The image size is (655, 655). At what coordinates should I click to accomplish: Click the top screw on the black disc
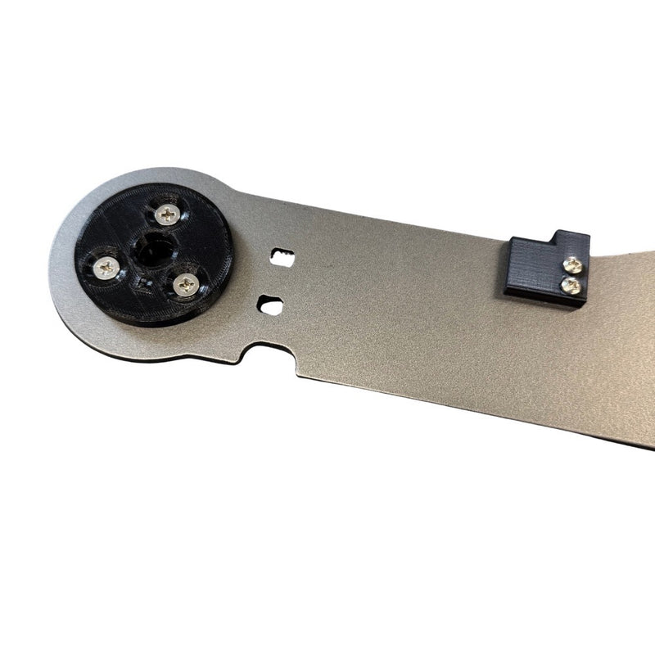click(169, 215)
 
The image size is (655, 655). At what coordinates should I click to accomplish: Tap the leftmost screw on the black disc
click(107, 266)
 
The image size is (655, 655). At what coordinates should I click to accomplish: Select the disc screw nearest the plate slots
click(187, 284)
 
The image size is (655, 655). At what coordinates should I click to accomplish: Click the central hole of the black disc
click(152, 248)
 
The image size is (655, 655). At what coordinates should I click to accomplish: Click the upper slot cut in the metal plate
click(283, 255)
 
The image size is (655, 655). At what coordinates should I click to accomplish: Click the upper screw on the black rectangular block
click(574, 264)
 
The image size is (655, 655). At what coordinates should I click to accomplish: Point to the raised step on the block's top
click(572, 240)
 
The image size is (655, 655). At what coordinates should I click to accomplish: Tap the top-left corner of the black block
click(511, 240)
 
